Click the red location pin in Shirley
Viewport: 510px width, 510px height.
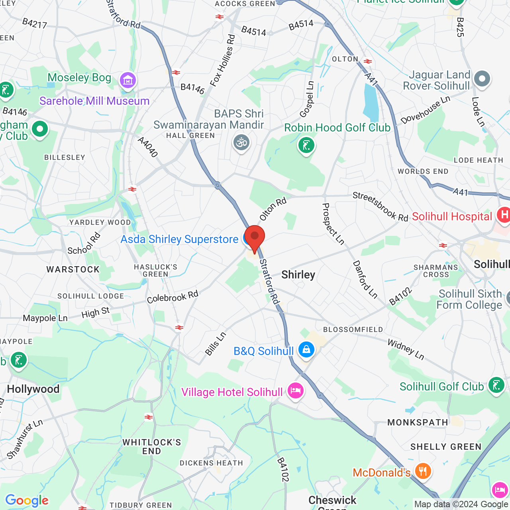[x=254, y=237]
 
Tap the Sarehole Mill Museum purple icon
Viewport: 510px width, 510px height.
[x=128, y=81]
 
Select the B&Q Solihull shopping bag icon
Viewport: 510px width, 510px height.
[x=306, y=350]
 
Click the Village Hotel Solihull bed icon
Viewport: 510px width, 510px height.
[x=295, y=390]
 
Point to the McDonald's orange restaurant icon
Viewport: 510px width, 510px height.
[x=423, y=471]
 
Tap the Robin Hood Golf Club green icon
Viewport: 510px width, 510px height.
[x=306, y=145]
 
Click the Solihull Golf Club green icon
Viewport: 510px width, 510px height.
[x=496, y=385]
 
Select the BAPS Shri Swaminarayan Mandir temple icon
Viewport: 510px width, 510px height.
[x=241, y=142]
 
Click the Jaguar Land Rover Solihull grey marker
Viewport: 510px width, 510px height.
[x=482, y=79]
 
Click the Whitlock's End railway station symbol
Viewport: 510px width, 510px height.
[x=149, y=417]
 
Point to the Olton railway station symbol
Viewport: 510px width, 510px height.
[x=368, y=61]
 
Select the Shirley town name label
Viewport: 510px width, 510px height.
[x=298, y=275]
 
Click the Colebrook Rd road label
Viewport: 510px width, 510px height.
[x=172, y=297]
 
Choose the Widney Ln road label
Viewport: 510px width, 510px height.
[x=406, y=349]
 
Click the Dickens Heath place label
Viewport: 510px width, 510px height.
[x=211, y=463]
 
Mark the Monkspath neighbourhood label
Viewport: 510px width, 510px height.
[x=418, y=422]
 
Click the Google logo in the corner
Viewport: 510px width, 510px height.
[x=27, y=500]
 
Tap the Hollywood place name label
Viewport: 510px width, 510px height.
[x=33, y=389]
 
